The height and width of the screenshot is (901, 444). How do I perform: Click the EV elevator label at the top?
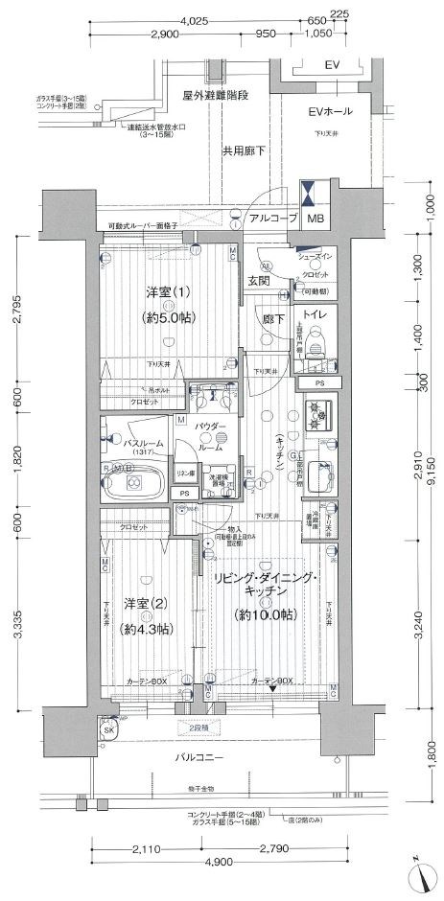point(332,65)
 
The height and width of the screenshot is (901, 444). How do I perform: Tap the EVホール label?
point(332,112)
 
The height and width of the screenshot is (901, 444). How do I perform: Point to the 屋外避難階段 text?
point(216,96)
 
